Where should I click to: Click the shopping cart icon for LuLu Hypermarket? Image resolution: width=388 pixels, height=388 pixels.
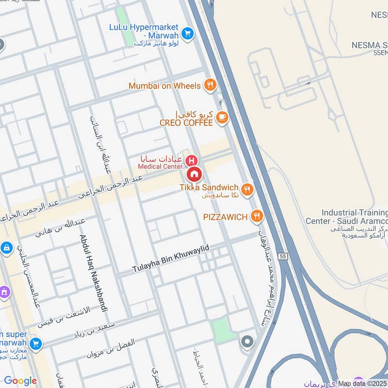(x=187, y=33)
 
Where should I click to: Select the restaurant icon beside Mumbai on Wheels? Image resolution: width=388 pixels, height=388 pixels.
(x=210, y=86)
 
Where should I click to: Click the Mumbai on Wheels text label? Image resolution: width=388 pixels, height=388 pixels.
(x=164, y=86)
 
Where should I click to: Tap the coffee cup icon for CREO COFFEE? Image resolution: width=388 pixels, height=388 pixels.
(x=222, y=117)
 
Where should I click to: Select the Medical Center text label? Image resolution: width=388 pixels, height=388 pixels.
(x=160, y=167)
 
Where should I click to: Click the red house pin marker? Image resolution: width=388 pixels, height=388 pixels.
(x=194, y=174)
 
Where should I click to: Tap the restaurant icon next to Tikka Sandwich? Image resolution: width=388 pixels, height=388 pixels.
(x=247, y=189)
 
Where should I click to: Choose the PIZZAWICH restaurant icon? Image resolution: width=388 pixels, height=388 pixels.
(x=257, y=216)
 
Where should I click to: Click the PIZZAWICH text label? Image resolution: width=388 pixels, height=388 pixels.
(x=226, y=216)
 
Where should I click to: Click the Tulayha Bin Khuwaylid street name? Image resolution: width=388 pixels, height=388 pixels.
(x=171, y=259)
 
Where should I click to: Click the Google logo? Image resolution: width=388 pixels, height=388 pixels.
(x=20, y=381)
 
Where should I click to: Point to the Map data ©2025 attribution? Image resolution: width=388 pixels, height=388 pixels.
(x=363, y=384)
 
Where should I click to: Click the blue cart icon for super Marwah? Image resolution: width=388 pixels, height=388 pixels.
(x=35, y=344)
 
